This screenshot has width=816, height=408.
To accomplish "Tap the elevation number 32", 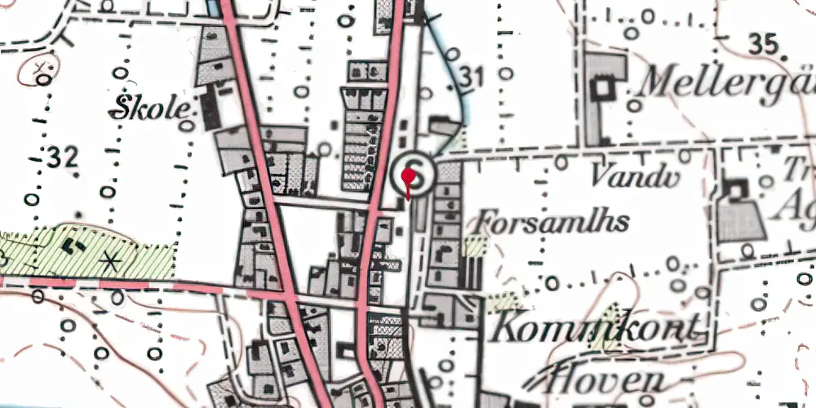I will (63, 157).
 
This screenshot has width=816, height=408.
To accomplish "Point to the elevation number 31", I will (471, 78).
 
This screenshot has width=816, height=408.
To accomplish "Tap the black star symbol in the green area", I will (109, 262).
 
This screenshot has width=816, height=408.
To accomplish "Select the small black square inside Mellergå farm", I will (605, 86).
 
